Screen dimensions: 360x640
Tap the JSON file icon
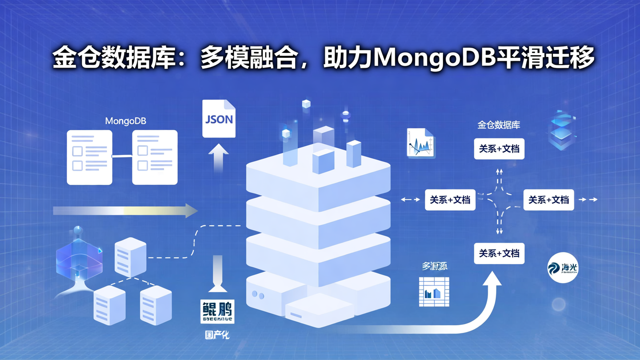point(219,119)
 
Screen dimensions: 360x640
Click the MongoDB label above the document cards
point(125,121)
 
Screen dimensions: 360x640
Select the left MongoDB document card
point(89,157)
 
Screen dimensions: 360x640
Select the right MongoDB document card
point(155,157)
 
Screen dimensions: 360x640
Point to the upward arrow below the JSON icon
point(218,158)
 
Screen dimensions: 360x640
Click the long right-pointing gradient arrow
point(125,211)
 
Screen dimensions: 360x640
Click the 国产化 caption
point(217,335)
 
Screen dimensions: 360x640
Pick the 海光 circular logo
point(563,268)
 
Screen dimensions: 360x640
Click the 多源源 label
point(434,266)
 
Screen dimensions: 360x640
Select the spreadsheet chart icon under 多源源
point(434,292)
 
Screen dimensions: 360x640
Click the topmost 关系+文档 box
point(499,148)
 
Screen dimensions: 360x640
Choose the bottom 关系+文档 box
point(499,253)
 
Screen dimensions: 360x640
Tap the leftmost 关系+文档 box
point(450,200)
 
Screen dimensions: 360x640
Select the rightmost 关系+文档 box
point(548,200)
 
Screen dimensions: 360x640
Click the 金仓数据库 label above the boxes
point(499,125)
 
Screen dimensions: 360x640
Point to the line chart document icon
point(420,143)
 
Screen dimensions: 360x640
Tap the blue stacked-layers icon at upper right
point(562,130)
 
